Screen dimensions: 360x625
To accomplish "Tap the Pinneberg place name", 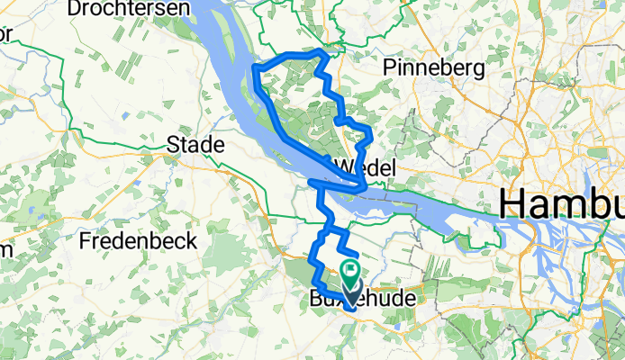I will [434, 67].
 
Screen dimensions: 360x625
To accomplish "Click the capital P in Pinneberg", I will [389, 67].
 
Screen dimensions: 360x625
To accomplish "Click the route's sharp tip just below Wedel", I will [364, 187].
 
